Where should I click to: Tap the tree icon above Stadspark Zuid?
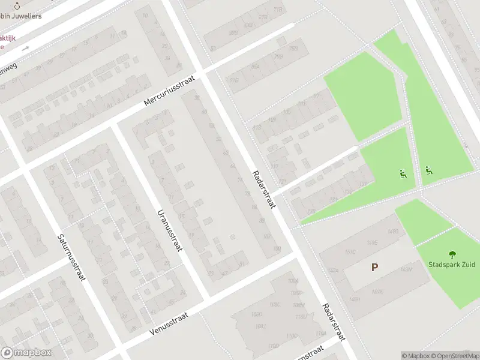[x=452, y=254]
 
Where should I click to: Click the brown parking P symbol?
[x=375, y=268]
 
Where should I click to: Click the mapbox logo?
[x=25, y=353]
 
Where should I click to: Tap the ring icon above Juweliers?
[x=17, y=6]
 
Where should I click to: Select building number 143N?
[x=406, y=269]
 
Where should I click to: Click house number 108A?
[x=293, y=281]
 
